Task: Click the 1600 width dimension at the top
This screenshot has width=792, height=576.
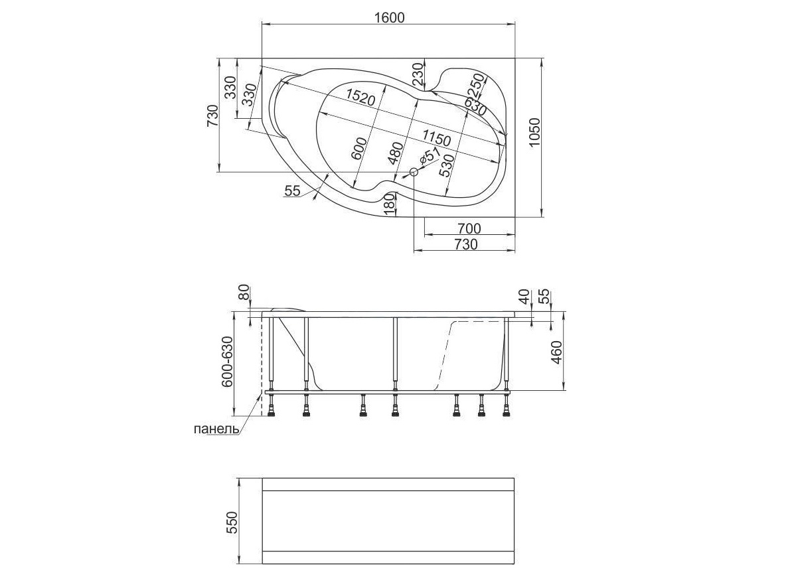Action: pos(389,17)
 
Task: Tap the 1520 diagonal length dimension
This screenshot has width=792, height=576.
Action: pos(360,96)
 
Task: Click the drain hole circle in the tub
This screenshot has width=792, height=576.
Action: pos(414,172)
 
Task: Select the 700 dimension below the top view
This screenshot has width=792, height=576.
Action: pos(469,228)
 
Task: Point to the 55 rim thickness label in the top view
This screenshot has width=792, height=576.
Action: pos(293,191)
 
